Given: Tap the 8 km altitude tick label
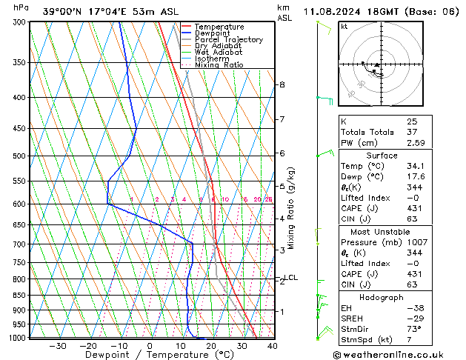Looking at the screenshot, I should pos(282,84).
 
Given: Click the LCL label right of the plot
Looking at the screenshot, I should pos(291,278).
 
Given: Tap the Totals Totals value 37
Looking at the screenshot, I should pos(412,131).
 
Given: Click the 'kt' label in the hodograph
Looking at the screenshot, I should pos(344,27).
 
